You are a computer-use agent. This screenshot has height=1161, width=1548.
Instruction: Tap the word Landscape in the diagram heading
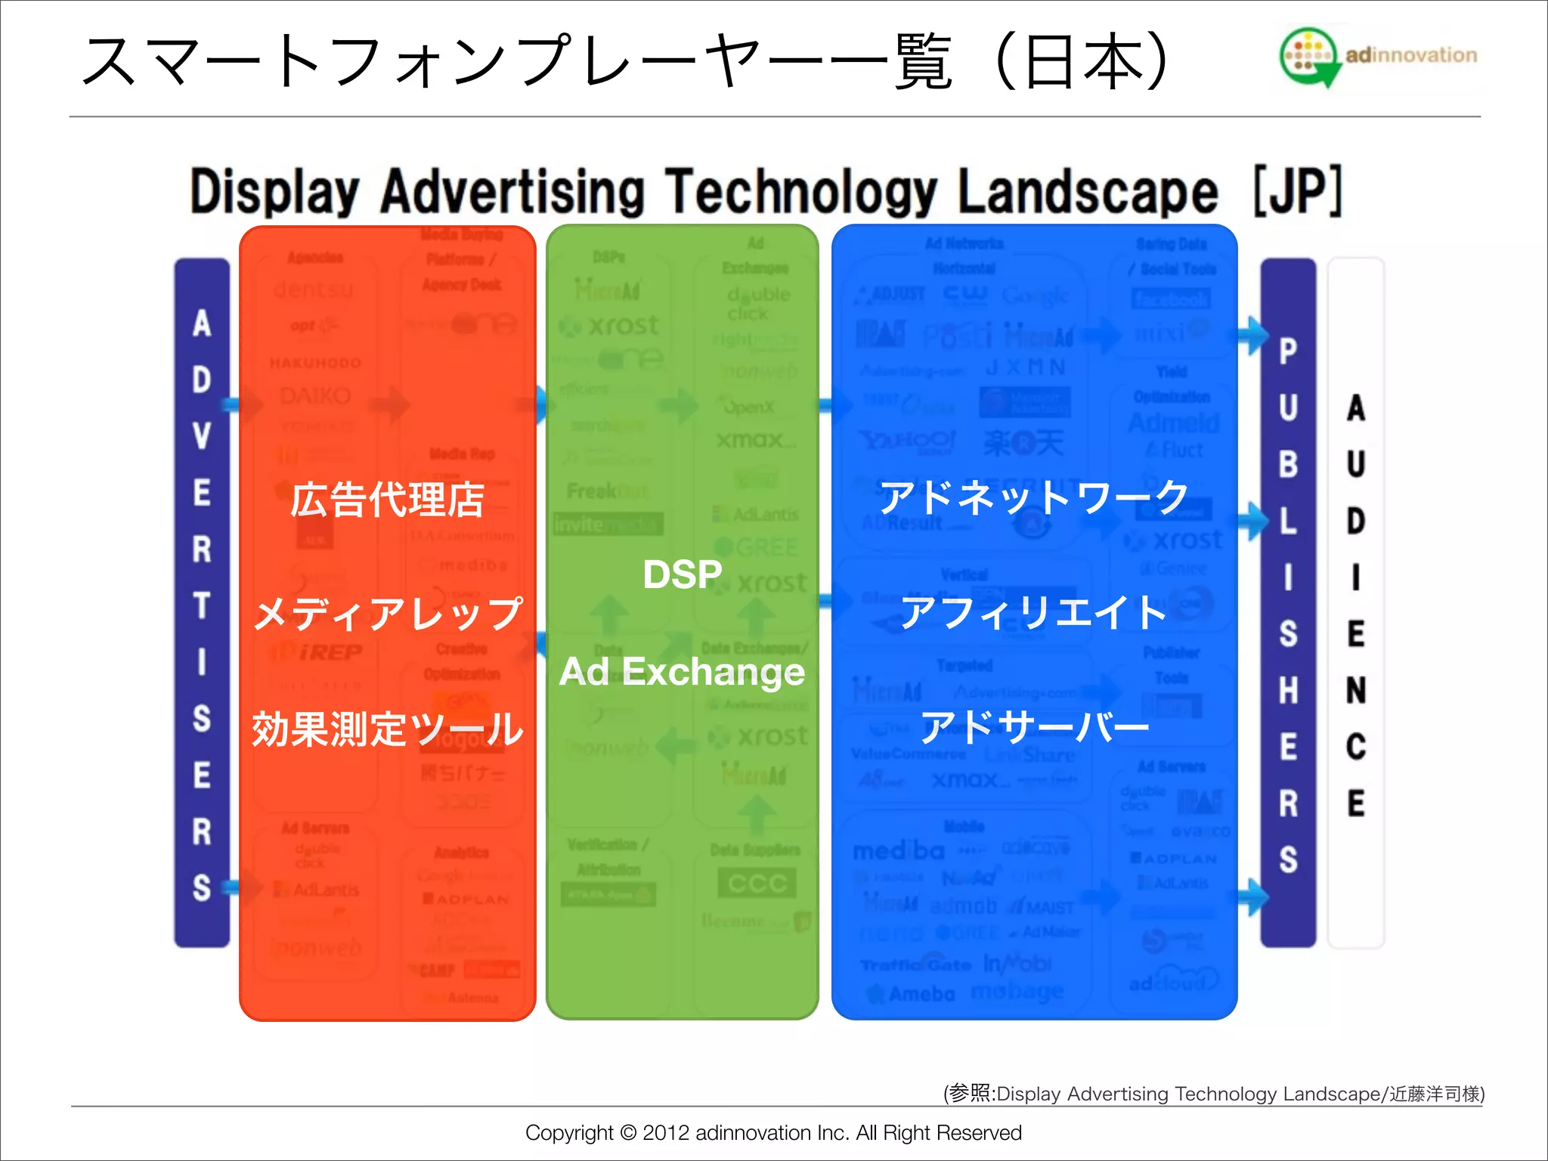click(1088, 192)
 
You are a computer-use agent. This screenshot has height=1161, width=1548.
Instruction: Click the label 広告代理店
click(387, 500)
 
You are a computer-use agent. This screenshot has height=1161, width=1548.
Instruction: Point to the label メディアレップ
click(387, 613)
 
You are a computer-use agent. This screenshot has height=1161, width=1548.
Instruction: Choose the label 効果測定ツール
click(387, 729)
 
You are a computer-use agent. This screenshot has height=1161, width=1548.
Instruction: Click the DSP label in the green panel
click(682, 574)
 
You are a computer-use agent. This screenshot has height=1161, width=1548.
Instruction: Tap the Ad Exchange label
click(682, 672)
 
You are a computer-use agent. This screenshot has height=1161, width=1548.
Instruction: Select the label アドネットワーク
click(1034, 498)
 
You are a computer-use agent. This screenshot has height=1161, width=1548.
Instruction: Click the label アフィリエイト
click(1034, 612)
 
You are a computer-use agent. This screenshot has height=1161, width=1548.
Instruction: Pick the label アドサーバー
click(1034, 727)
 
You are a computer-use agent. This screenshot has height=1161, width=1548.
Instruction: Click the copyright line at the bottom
click(773, 1132)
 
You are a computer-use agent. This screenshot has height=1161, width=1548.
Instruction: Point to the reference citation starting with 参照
click(1213, 1094)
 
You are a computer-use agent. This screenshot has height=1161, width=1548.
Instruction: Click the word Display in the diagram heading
click(274, 192)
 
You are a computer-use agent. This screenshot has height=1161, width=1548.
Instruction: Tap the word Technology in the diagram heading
click(800, 192)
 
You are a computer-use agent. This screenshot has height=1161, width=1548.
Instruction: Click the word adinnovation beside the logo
click(1410, 55)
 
